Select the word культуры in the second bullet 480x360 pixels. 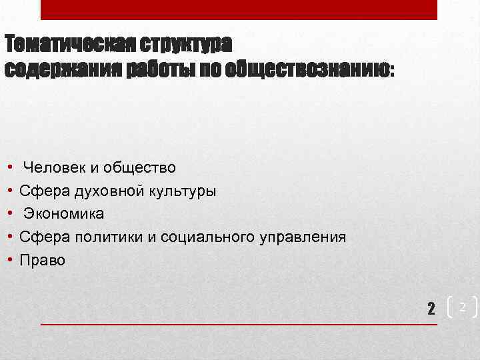(178, 191)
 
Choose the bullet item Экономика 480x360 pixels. (64, 214)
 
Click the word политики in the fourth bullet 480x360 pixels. (103, 237)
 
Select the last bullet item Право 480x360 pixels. (43, 260)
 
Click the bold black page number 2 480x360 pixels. (431, 308)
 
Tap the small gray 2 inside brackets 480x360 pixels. (461, 306)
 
